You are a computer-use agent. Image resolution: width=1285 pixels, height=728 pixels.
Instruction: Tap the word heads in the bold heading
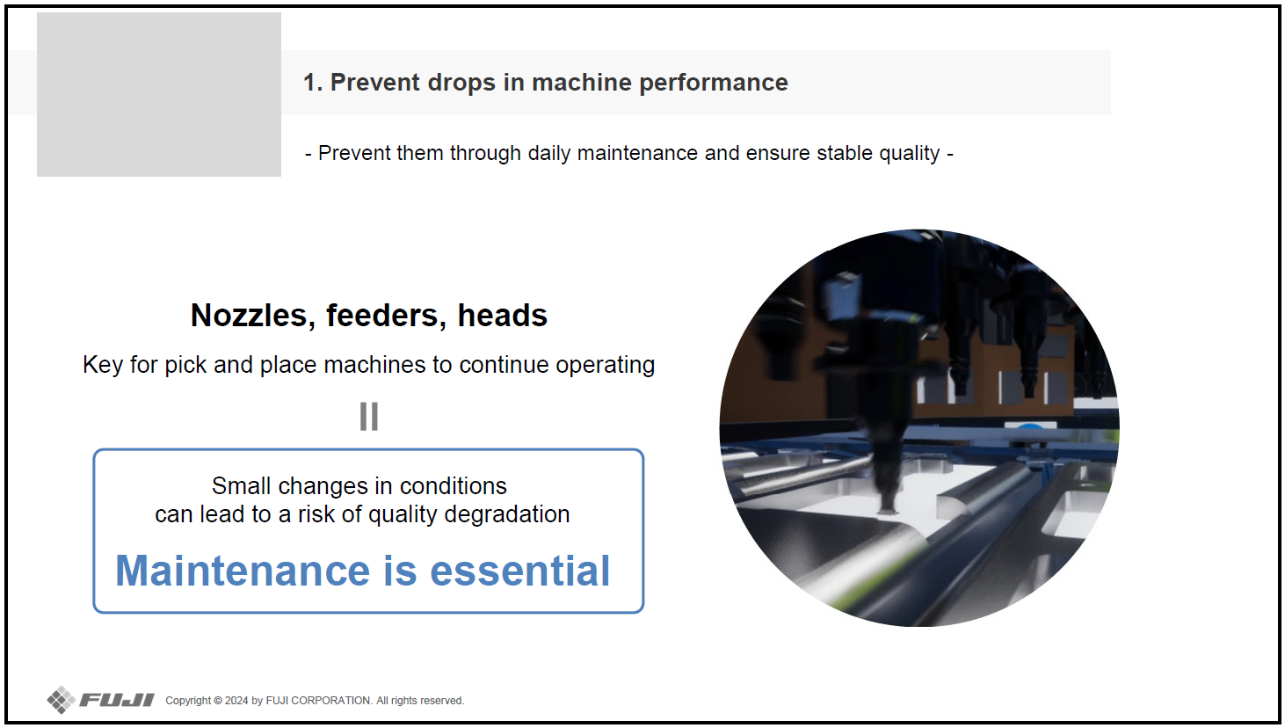503,316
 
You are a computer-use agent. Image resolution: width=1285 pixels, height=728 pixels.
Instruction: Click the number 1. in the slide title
313,83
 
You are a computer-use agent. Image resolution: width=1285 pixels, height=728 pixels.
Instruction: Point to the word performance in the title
714,84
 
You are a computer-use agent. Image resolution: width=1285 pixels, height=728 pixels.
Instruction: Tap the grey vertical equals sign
369,416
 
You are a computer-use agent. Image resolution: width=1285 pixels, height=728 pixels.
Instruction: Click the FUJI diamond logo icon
61,700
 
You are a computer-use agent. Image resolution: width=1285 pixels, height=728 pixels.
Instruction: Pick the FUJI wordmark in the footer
117,700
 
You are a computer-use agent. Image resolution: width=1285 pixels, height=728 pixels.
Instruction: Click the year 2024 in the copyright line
236,701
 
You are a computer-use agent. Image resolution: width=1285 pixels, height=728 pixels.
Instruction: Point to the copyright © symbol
218,701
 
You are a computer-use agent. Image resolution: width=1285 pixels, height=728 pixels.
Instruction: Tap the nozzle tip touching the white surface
888,510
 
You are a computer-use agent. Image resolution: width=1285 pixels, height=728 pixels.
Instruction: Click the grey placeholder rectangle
159,95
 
